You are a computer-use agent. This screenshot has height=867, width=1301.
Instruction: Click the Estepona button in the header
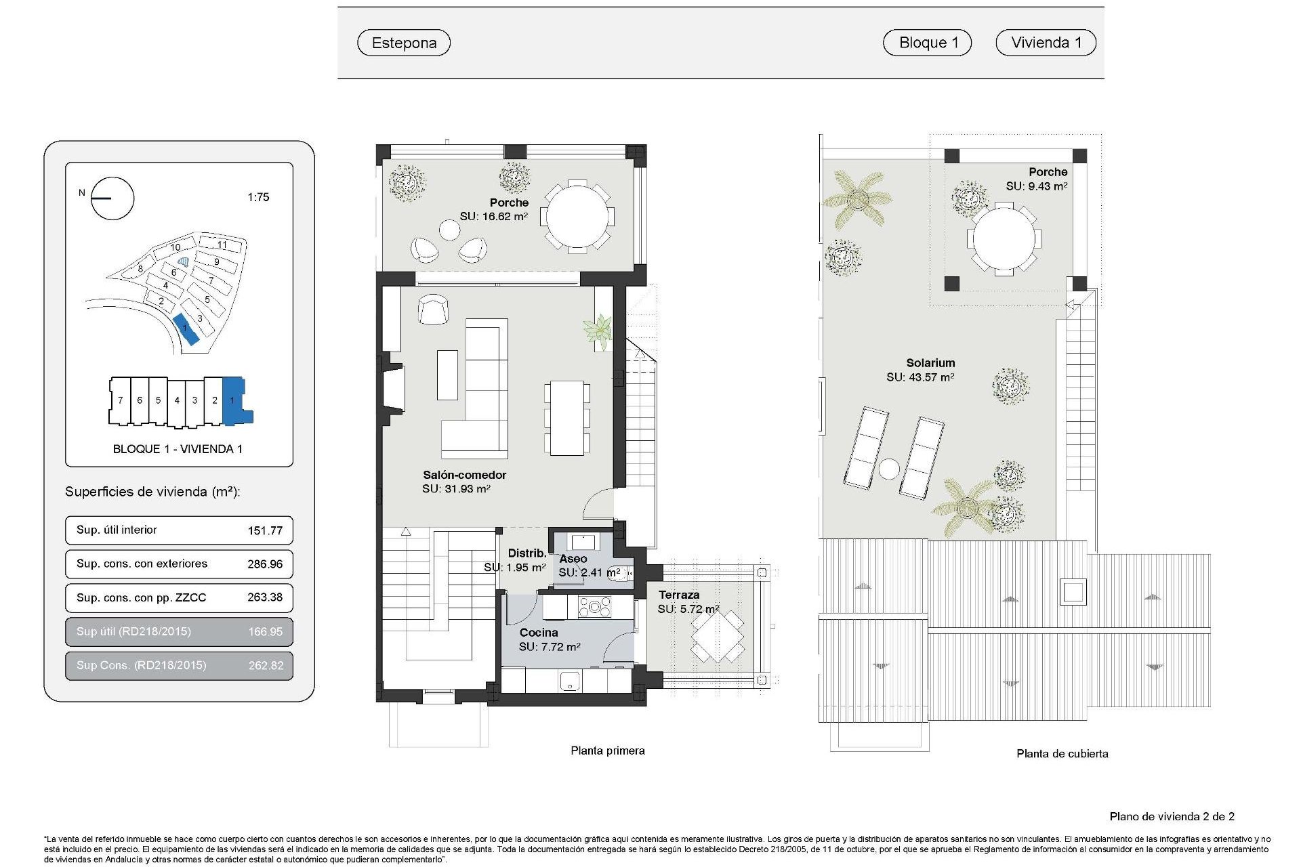pos(404,43)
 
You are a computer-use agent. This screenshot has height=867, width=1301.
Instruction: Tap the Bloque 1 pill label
pos(927,42)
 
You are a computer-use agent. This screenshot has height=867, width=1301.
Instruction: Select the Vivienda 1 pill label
pos(1046,42)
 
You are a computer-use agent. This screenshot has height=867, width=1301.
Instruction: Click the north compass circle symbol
pos(112,198)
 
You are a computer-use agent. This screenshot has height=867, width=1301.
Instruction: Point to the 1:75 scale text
pos(258,197)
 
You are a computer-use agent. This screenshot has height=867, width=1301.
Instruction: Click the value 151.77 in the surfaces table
pos(265,530)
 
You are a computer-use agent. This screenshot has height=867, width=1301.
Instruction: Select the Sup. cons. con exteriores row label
pos(142,564)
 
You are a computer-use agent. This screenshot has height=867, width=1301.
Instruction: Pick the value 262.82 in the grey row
pos(266,665)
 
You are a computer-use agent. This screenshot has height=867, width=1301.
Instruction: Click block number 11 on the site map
pos(222,245)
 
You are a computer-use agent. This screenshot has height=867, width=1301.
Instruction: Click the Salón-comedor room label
pos(464,475)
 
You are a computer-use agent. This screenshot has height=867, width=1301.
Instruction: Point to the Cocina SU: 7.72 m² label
pos(549,640)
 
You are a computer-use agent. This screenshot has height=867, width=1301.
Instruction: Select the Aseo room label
pos(573,559)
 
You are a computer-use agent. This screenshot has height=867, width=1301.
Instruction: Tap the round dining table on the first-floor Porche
pos(578,217)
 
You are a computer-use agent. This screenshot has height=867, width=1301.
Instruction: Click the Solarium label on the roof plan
pos(930,363)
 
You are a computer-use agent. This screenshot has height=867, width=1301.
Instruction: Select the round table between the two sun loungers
pos(889,469)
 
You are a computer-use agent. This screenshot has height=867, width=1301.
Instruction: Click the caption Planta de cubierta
pos(1062,753)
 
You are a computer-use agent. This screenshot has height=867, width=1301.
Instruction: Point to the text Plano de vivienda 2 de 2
pos(1172,816)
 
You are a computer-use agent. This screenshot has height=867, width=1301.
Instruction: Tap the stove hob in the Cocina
pos(594,606)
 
